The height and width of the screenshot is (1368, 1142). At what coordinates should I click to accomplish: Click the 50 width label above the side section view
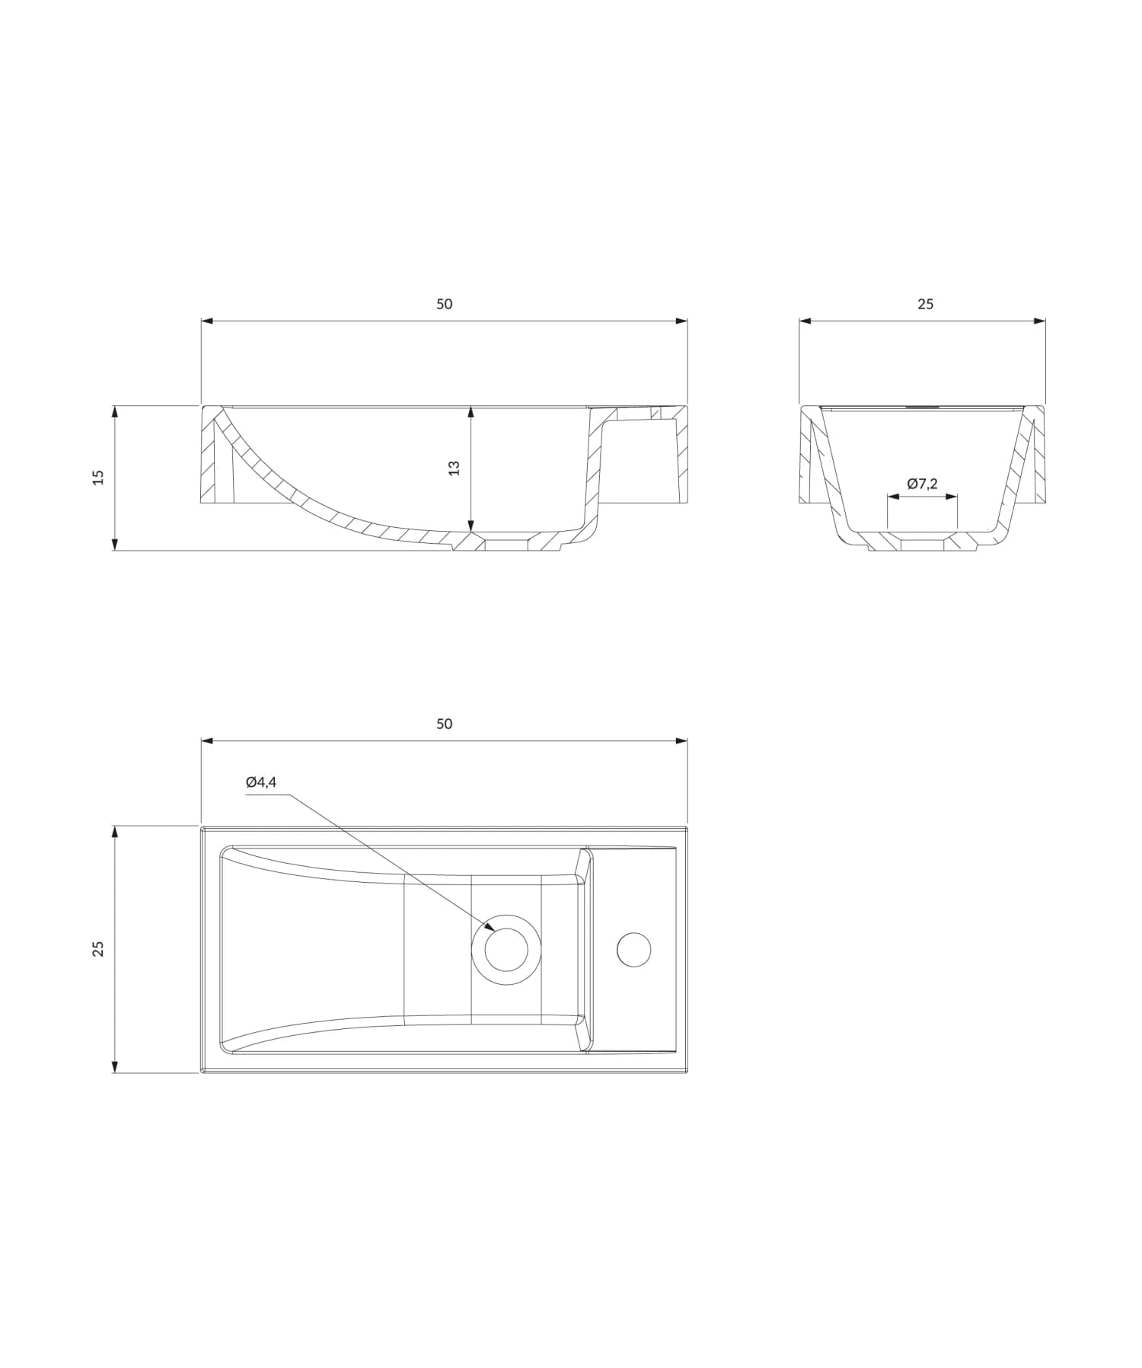coord(444,304)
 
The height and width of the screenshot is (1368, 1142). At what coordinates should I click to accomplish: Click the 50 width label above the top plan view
coord(444,724)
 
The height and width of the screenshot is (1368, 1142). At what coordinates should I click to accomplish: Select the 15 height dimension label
coord(98,478)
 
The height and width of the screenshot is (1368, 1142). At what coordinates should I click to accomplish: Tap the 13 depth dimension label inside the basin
coord(455,468)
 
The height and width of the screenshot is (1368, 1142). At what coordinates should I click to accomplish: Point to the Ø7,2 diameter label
coord(922,484)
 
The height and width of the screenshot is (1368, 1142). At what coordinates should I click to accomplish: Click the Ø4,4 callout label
coord(260,782)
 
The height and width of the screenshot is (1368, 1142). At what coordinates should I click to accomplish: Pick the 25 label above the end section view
coord(925,304)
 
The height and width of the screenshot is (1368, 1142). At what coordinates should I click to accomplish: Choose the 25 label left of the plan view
coord(98,948)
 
